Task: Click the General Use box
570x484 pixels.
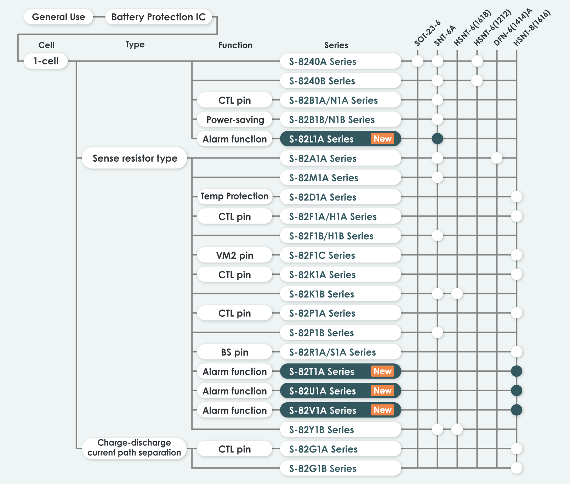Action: [58, 17]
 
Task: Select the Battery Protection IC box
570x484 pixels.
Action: [158, 17]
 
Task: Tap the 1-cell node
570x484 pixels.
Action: [46, 61]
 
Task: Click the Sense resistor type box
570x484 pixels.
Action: [135, 158]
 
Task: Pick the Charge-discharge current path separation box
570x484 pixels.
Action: [134, 448]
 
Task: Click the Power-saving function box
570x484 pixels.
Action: [235, 120]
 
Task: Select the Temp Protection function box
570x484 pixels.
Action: [234, 196]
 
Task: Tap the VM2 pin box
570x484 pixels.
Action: [234, 255]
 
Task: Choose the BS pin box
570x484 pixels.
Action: [234, 352]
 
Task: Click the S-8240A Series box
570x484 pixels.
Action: [340, 62]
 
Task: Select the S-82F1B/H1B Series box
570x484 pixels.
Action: [340, 236]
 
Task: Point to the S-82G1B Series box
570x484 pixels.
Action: [340, 468]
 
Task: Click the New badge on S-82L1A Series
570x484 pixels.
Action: [382, 139]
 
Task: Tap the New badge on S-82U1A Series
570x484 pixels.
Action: [382, 391]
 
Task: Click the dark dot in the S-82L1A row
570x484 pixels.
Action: [437, 139]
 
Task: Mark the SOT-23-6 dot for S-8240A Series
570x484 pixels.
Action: [418, 61]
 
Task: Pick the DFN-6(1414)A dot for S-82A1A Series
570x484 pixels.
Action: [497, 158]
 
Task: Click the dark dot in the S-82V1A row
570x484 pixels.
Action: [517, 410]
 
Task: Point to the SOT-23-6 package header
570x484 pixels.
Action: [427, 33]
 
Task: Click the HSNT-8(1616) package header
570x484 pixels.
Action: [532, 28]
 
